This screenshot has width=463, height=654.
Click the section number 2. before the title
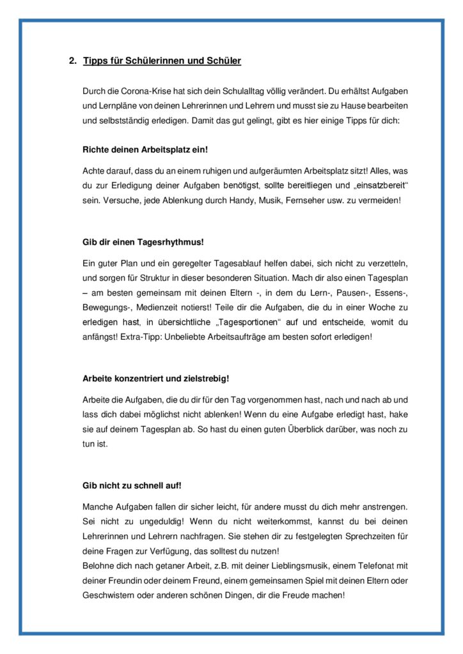pos(72,61)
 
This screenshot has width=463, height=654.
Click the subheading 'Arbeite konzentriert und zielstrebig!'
pos(156,379)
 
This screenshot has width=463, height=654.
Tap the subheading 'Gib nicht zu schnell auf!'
pos(127,485)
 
